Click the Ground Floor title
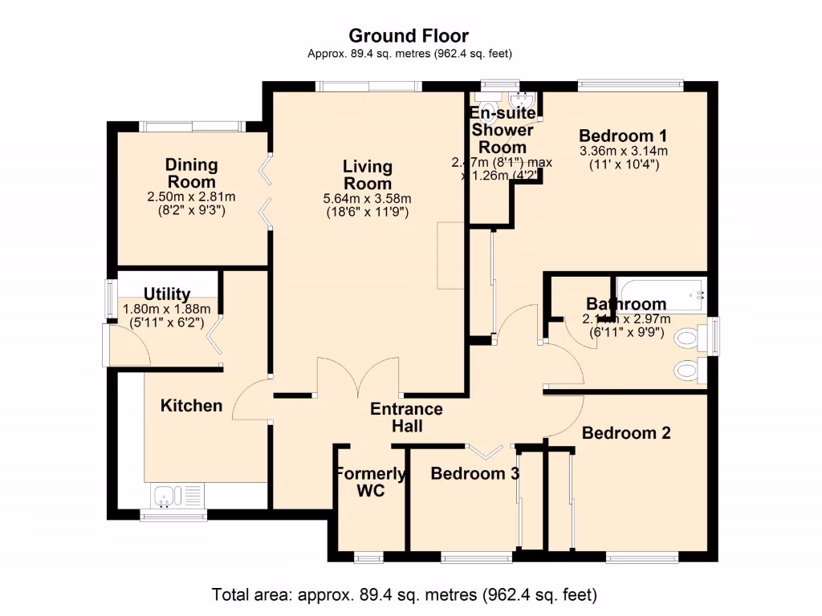point(409,36)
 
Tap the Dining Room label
point(191,173)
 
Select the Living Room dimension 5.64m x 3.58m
point(368,199)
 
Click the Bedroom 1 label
point(623,136)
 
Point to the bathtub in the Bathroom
point(660,294)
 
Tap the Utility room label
point(167,294)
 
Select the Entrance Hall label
point(406,418)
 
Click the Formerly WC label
point(370,482)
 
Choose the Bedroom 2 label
point(626,433)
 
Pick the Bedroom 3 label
point(474,473)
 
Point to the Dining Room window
point(191,126)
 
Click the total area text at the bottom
point(405,595)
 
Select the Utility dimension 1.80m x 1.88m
point(166,309)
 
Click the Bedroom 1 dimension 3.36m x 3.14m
point(624,151)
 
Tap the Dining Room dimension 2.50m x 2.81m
point(191,197)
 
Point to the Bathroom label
point(625,304)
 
